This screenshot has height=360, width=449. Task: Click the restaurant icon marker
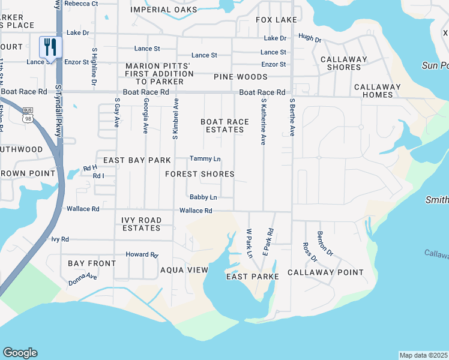pos(50,47)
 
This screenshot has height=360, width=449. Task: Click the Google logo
pos(20,353)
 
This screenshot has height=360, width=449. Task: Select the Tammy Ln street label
pos(205,159)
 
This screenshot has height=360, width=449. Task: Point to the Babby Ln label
pos(203,197)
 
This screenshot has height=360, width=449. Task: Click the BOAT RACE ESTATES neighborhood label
pos(224,126)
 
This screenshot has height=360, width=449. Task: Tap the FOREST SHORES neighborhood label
pos(200,174)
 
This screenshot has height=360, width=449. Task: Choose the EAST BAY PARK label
pos(137,160)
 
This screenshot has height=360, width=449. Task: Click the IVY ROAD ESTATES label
pos(142,224)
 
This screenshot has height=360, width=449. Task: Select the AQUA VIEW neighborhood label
pos(184,271)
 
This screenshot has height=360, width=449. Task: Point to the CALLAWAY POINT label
pos(325,272)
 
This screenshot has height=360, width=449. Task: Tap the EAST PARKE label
pos(253,277)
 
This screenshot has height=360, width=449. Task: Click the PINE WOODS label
pos(240,77)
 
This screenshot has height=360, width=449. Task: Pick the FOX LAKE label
pos(276,20)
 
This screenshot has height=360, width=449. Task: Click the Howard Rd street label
pos(141,254)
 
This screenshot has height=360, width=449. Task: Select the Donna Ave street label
pos(83,278)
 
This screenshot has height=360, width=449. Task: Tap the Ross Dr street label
pos(310,252)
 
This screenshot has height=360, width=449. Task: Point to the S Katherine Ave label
pos(263,122)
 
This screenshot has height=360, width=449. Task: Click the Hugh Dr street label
pos(310,38)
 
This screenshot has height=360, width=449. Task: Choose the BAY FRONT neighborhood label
pos(92,263)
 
